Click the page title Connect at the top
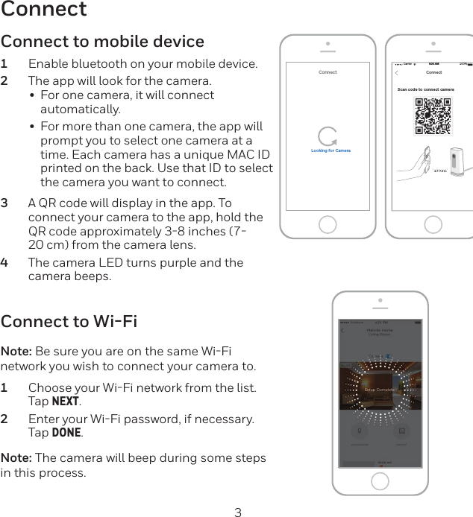44,10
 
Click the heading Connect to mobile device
102,41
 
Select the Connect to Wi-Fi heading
69,322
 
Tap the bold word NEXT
66,402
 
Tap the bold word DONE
66,433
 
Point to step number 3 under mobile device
5,203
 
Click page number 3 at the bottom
238,512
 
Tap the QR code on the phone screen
433,116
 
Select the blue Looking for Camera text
331,150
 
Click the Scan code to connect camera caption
425,89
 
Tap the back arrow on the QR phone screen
397,73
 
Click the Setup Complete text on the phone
380,390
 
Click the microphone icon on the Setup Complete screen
359,431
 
